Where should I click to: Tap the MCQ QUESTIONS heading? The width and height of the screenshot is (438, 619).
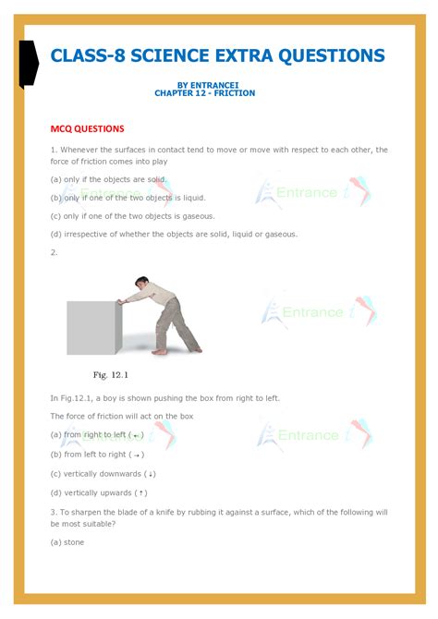(x=87, y=128)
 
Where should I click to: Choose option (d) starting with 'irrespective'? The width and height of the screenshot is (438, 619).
(x=174, y=234)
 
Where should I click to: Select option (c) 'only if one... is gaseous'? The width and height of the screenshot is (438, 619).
(x=135, y=215)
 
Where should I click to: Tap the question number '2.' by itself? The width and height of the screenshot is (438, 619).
(x=55, y=251)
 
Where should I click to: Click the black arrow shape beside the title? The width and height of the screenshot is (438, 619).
(x=29, y=64)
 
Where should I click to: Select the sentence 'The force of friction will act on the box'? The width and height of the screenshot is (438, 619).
(x=122, y=416)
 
